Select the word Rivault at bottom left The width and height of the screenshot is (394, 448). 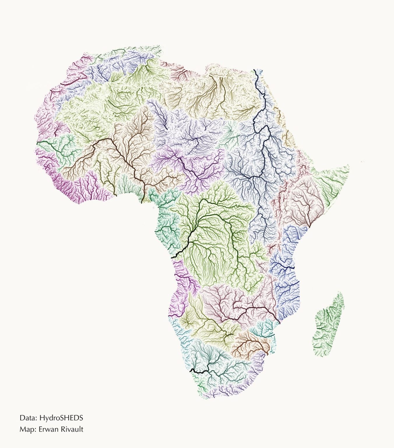(x=73, y=429)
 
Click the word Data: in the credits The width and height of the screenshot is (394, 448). (x=28, y=418)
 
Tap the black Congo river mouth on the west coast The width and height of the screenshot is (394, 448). (x=172, y=257)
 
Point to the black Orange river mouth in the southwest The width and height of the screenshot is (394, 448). (x=191, y=370)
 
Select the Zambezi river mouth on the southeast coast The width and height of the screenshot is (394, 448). (x=279, y=323)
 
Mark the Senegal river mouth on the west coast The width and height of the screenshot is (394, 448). (x=38, y=143)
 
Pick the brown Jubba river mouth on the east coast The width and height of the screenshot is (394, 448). (x=309, y=227)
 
